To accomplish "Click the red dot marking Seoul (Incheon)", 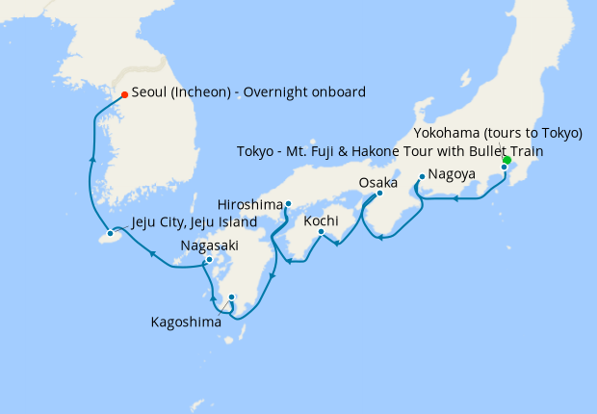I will [124, 94].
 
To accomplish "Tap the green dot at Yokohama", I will [506, 160].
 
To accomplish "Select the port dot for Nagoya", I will [422, 176].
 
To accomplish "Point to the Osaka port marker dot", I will [379, 193].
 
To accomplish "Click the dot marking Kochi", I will [321, 231].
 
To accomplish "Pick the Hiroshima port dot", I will [288, 204].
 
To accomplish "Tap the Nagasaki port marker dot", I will [209, 260].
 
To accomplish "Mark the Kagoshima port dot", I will [231, 297].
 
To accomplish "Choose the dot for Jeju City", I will [111, 233].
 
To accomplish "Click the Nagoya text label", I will [452, 174].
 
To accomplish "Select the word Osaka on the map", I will [377, 182].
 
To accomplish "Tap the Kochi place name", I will [321, 220].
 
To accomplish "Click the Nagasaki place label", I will [209, 246].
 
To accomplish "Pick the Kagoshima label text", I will [186, 322].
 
